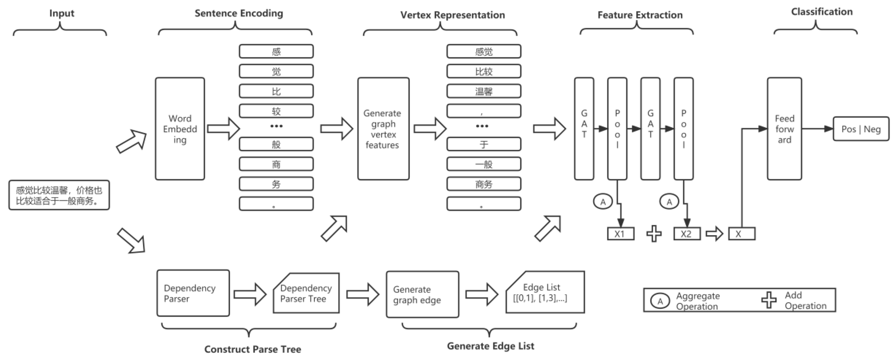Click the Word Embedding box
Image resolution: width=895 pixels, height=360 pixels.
click(180, 129)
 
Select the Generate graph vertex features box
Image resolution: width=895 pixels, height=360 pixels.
click(383, 129)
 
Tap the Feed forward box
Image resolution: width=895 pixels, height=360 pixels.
click(784, 129)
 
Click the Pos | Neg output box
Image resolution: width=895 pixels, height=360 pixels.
click(861, 129)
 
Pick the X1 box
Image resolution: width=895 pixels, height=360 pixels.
click(620, 233)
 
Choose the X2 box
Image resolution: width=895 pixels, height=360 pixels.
click(686, 233)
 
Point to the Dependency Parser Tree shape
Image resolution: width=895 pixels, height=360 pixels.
click(306, 293)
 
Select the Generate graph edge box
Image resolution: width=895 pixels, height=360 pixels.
click(422, 294)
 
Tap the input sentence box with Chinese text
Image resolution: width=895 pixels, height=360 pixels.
click(59, 195)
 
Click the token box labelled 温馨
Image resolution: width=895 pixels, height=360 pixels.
click(484, 91)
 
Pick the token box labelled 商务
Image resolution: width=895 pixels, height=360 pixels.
click(484, 184)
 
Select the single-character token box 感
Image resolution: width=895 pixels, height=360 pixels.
click(276, 51)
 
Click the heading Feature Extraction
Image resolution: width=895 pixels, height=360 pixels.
click(640, 15)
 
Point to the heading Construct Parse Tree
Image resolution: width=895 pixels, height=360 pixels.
click(252, 349)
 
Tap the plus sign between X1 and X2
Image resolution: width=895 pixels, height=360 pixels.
click(654, 233)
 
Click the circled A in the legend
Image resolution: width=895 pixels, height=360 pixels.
click(660, 301)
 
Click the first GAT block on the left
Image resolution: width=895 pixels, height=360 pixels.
click(584, 129)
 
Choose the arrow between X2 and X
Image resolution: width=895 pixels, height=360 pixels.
click(714, 233)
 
